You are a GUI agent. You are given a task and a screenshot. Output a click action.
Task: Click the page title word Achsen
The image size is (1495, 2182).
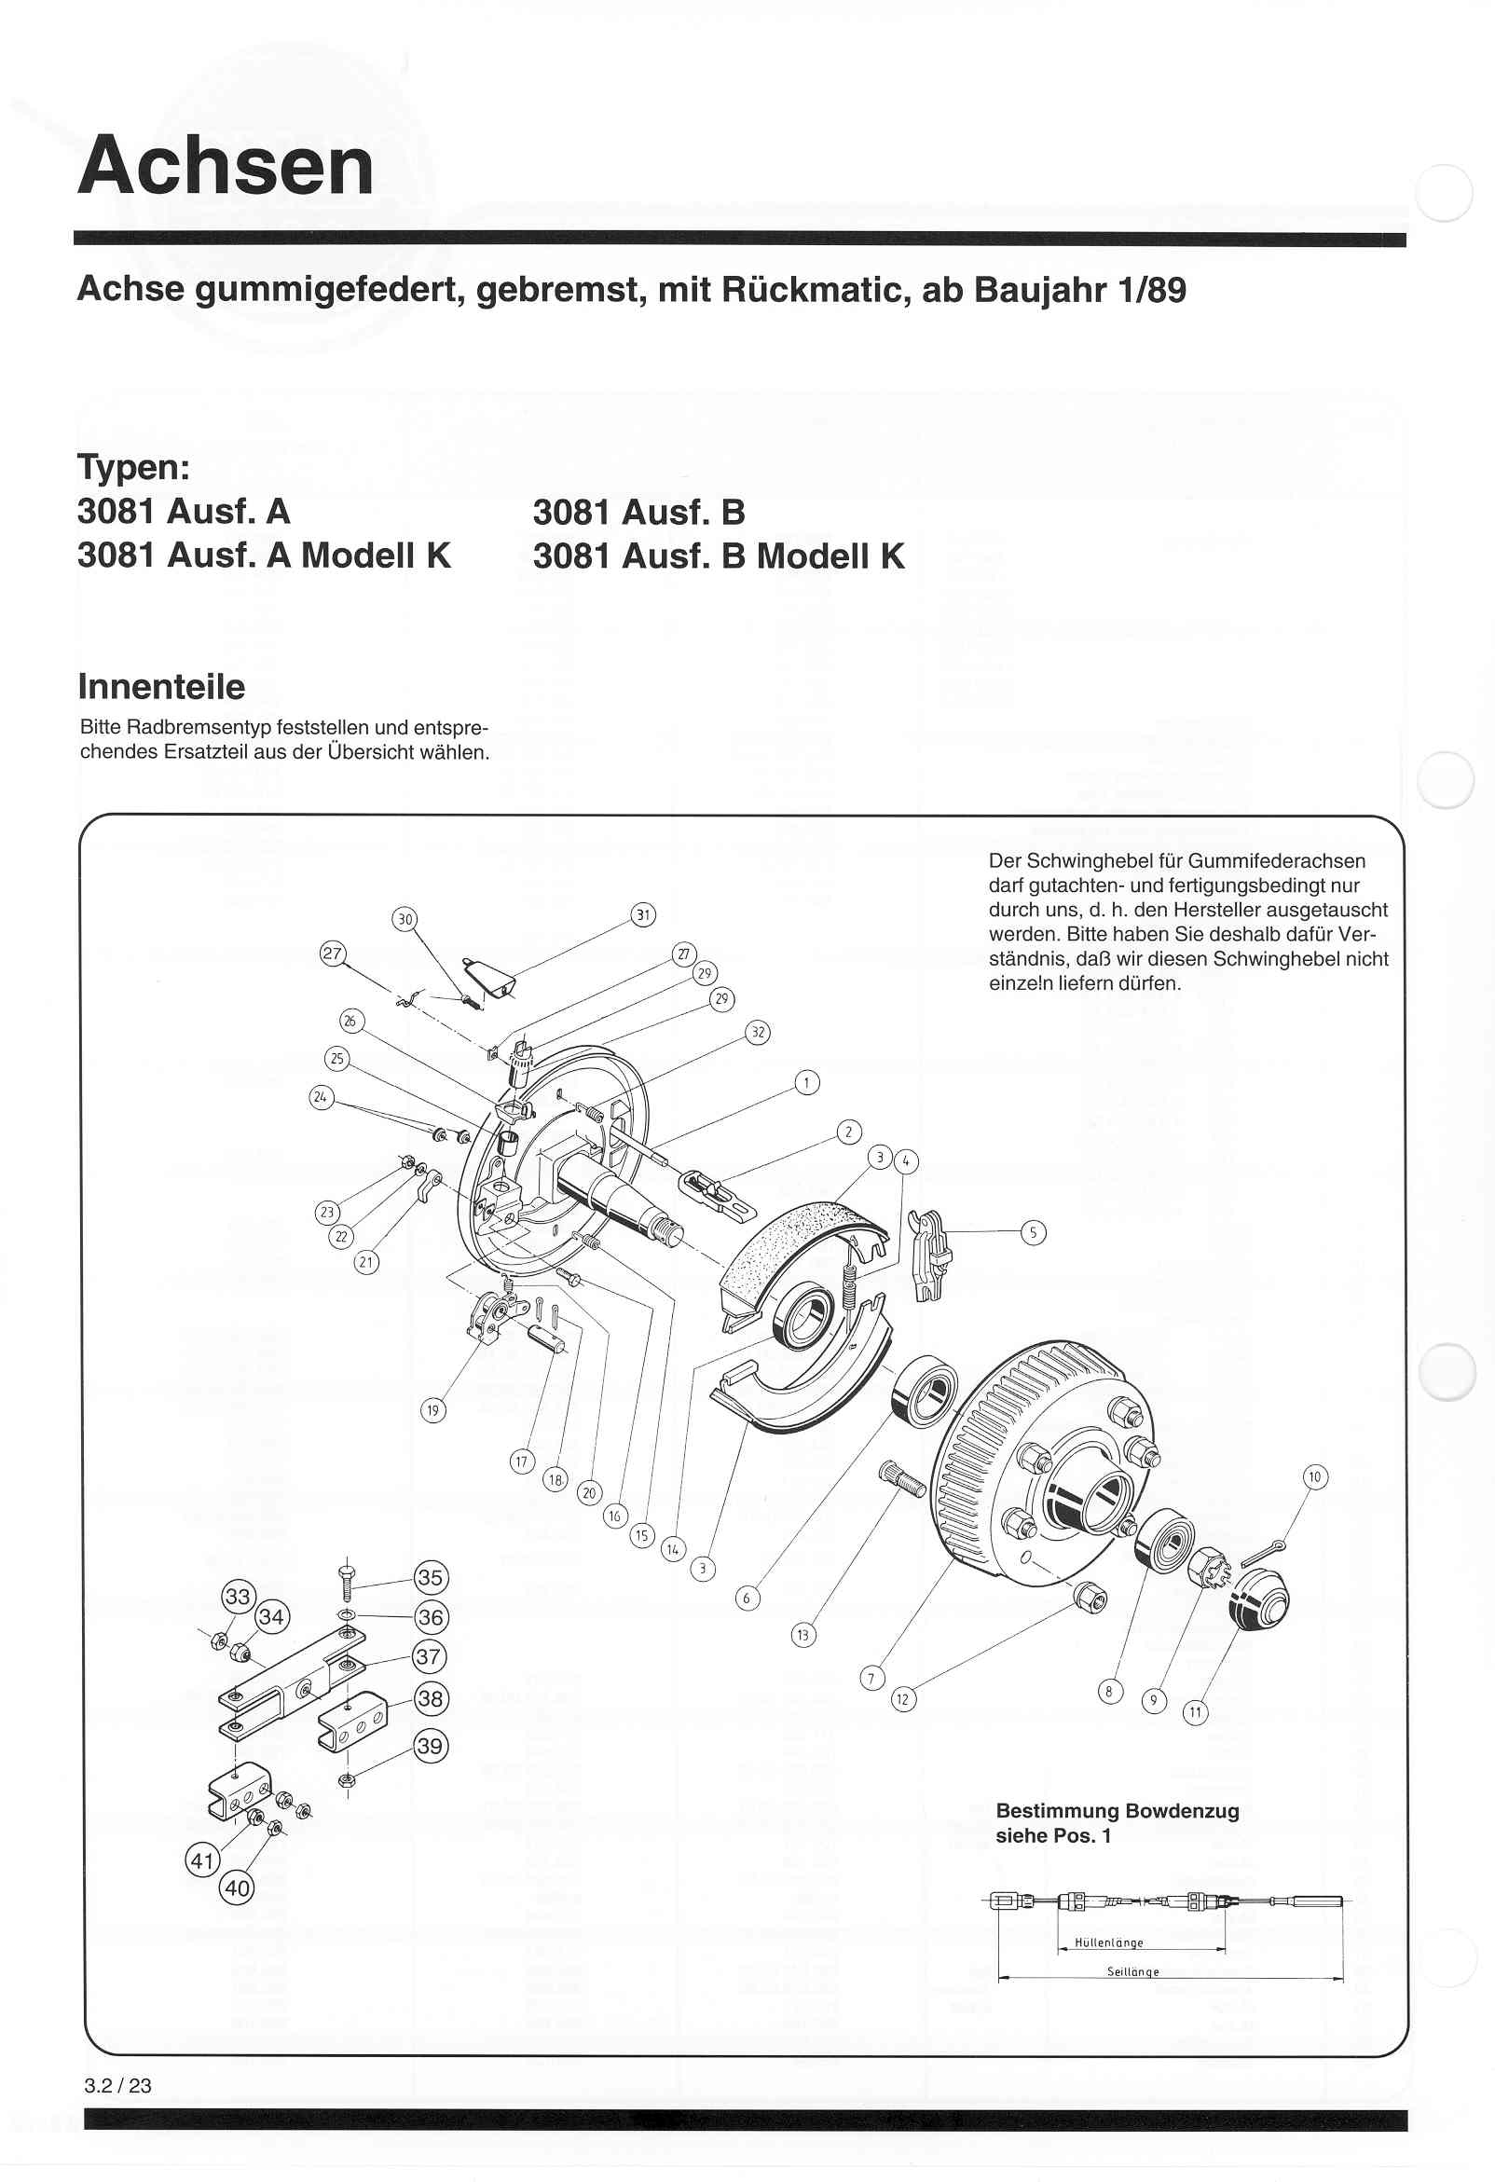pos(226,165)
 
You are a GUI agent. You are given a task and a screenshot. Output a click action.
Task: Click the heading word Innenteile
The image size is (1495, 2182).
pos(161,686)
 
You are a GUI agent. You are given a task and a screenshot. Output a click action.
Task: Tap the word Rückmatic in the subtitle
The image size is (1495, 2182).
pos(816,289)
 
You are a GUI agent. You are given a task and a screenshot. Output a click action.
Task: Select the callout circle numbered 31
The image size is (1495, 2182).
pos(642,914)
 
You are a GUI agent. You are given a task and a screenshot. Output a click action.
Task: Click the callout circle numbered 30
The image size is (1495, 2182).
pos(405,919)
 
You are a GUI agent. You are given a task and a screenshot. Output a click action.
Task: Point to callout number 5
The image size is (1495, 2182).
pos(1033,1233)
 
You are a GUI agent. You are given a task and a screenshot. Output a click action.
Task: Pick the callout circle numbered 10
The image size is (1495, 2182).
pos(1315,1477)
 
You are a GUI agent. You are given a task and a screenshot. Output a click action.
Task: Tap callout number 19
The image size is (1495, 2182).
pos(432,1409)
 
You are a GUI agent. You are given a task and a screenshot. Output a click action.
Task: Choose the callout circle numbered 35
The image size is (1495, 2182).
pos(430,1576)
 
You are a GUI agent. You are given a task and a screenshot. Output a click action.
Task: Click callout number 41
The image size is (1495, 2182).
pos(203,1860)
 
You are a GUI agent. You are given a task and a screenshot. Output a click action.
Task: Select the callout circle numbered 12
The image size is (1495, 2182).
pos(902,1698)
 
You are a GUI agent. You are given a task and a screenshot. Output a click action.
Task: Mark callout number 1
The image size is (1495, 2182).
pos(806,1082)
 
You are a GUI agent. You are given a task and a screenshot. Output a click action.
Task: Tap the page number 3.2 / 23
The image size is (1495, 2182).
pos(117,2085)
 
